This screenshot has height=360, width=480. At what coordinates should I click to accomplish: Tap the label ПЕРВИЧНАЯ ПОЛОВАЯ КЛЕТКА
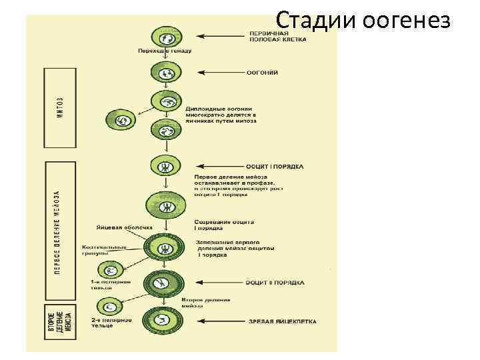click(x=278, y=36)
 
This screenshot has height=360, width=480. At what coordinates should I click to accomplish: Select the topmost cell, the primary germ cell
click(x=165, y=37)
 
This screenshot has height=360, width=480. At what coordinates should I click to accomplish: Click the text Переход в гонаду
click(x=164, y=51)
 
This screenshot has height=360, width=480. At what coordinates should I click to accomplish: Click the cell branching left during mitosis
click(x=121, y=120)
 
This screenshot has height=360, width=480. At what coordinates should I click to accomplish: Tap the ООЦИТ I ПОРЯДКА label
click(x=275, y=166)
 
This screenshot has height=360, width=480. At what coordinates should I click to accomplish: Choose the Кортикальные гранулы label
click(x=105, y=250)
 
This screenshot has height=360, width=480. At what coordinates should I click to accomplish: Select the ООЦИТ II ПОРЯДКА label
click(x=275, y=283)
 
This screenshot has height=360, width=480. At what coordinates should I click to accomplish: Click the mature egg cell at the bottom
click(x=164, y=321)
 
